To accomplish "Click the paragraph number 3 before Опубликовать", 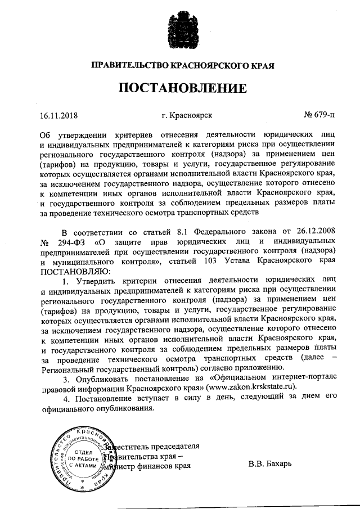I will (65, 377).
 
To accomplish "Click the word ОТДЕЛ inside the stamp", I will (83, 452).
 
